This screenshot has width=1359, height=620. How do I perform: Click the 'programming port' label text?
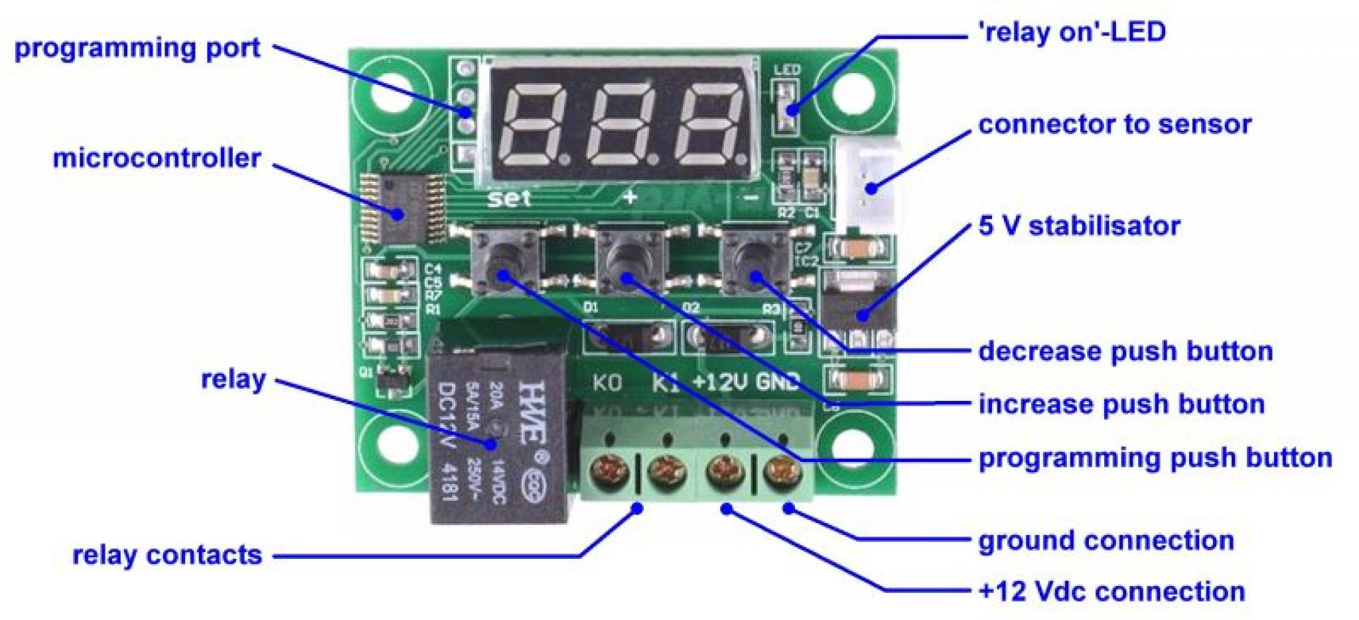point(137,48)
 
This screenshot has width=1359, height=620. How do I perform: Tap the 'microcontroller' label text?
point(157,159)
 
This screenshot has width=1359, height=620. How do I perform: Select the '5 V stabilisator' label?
point(1079,226)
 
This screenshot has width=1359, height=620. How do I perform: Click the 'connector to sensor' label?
point(1115,124)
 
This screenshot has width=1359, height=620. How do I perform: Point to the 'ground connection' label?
point(1106,540)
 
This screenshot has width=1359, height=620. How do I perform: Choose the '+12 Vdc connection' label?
point(1111,591)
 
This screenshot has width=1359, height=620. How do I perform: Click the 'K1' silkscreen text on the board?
point(666,383)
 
